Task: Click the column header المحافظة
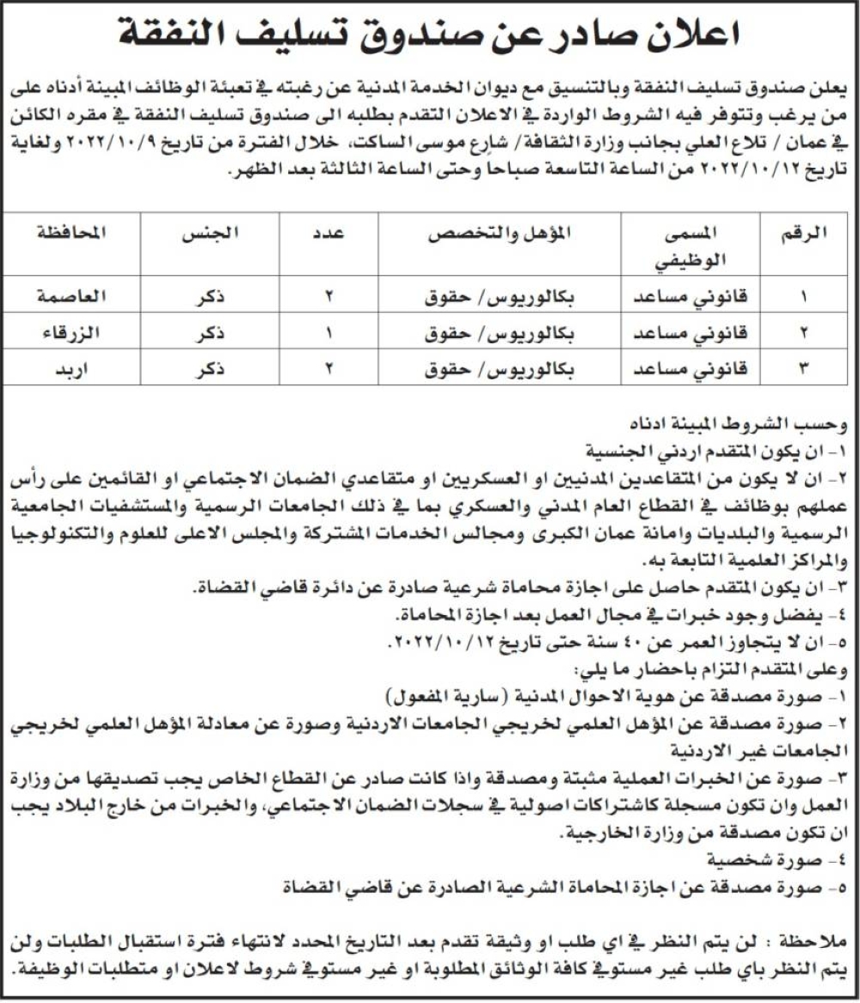tap(70, 232)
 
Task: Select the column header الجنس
tap(210, 232)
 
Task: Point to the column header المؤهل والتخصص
tap(498, 232)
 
